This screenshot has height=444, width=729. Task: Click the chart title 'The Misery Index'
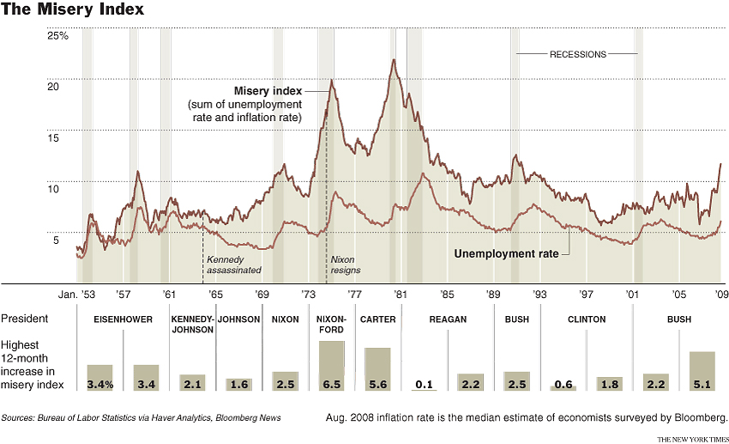(x=72, y=10)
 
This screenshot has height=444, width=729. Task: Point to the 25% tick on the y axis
(x=58, y=35)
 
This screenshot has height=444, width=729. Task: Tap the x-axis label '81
(x=400, y=294)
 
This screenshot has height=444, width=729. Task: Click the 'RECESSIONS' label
(x=577, y=54)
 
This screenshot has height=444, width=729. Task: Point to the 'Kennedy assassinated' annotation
(x=232, y=264)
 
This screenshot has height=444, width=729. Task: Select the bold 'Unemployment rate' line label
(x=505, y=254)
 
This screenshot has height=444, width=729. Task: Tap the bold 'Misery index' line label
(x=268, y=91)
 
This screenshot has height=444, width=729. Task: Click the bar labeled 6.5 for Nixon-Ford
(x=331, y=366)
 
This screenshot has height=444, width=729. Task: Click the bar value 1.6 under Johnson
(x=238, y=384)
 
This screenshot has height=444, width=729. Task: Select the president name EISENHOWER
(x=124, y=319)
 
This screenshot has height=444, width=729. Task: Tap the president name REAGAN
(x=447, y=319)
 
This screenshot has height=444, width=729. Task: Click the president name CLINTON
(x=587, y=319)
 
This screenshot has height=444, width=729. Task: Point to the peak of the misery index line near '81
(x=394, y=60)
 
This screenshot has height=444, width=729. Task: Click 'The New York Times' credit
(x=692, y=438)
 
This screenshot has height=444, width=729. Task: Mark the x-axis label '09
(x=722, y=294)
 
